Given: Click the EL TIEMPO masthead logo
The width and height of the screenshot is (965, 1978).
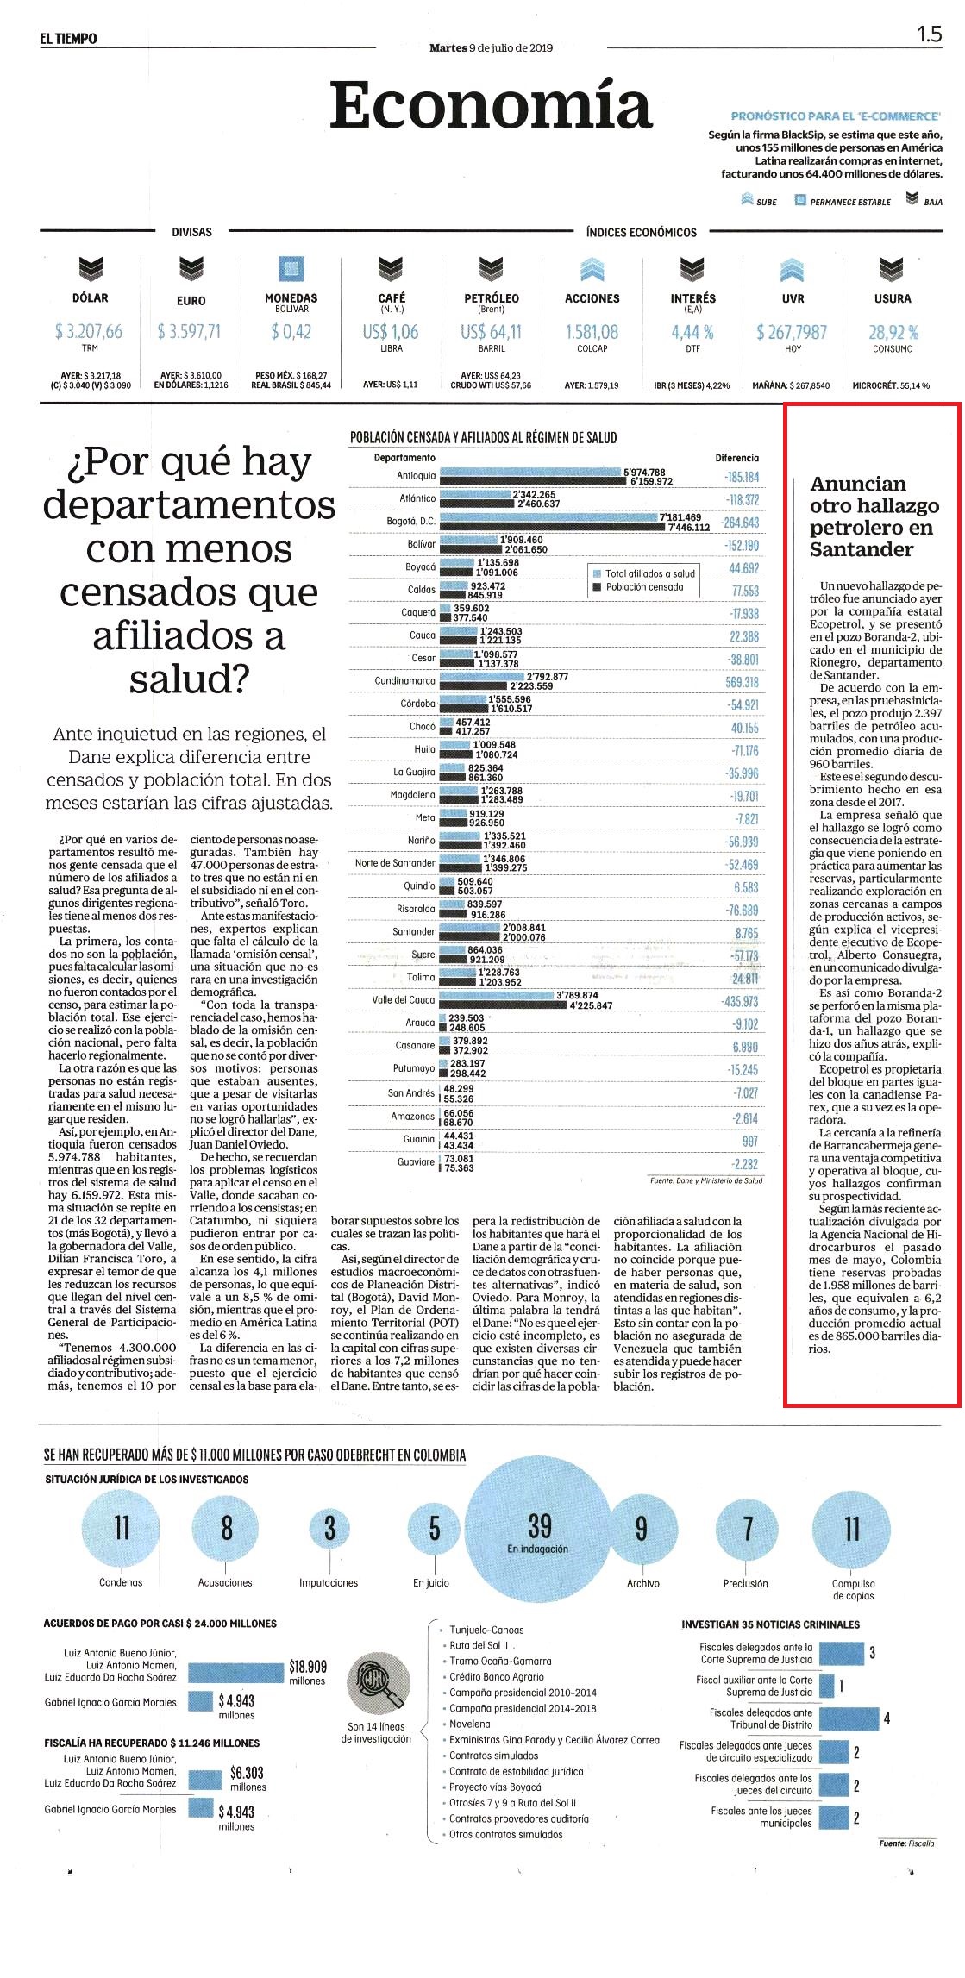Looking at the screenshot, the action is click(68, 38).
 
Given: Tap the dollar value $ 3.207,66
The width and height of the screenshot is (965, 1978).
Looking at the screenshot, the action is click(89, 331).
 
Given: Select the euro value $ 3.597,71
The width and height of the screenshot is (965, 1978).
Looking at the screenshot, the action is click(190, 331).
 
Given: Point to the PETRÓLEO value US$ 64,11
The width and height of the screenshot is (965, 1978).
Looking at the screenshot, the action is click(491, 331).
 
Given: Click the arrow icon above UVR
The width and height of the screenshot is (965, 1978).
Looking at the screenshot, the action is click(793, 270).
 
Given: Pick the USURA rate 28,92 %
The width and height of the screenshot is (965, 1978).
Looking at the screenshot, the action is click(893, 331).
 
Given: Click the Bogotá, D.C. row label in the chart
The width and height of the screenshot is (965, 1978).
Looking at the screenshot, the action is click(411, 522).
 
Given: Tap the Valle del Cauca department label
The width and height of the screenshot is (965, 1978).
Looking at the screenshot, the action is click(404, 1000).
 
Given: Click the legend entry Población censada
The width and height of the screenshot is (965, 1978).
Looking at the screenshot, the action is click(644, 587).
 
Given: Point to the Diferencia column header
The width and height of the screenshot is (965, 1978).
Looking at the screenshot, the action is click(737, 458).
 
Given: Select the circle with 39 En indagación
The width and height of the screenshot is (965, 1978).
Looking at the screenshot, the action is click(539, 1530).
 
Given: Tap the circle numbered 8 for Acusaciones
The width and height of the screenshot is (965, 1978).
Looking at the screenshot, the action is click(227, 1528).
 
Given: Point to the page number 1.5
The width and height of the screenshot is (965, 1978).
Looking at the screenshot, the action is click(929, 34).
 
